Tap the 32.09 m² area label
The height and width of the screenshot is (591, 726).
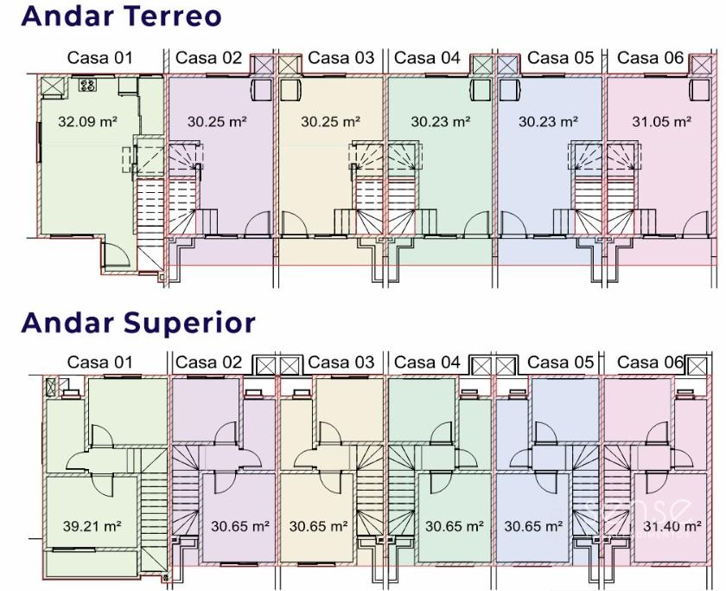(87, 122)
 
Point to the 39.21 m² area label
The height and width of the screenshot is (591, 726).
(91, 525)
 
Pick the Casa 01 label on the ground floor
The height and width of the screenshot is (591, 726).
(100, 58)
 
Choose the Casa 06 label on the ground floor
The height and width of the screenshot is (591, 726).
(651, 58)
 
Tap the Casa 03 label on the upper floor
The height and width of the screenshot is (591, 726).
(341, 362)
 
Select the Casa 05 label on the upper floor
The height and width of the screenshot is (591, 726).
(561, 362)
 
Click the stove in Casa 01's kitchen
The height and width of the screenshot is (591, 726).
(87, 85)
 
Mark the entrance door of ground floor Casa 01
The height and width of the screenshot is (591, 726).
(113, 254)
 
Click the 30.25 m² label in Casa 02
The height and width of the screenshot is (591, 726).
(217, 122)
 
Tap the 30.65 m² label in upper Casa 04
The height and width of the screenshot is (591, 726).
(454, 525)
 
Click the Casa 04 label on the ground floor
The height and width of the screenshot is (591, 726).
(427, 58)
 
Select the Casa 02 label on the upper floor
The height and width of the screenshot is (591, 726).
(208, 362)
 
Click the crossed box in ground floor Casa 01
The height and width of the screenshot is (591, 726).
(51, 85)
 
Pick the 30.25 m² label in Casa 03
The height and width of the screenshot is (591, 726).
(330, 122)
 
